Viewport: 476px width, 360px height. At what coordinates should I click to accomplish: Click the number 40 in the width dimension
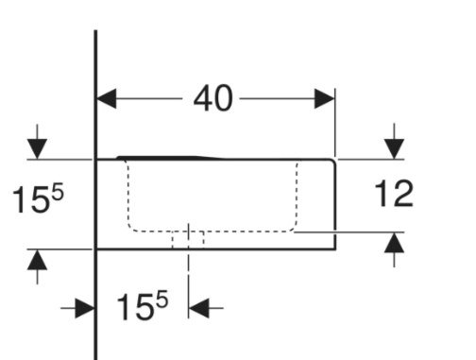click(x=213, y=98)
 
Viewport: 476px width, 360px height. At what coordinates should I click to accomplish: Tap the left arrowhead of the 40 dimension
click(x=107, y=98)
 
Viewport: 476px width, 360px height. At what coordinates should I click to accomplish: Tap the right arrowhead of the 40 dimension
click(x=325, y=98)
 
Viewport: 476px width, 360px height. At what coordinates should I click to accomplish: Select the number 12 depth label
click(x=394, y=194)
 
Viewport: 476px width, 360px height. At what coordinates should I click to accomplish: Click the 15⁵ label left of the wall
click(x=38, y=197)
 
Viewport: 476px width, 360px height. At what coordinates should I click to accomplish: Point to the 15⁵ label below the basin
click(x=143, y=305)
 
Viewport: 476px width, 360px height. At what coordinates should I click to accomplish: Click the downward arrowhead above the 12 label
click(x=394, y=149)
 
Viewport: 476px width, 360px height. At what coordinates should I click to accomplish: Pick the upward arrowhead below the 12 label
click(x=394, y=243)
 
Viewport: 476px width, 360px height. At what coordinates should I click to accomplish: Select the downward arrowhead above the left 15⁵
click(x=37, y=149)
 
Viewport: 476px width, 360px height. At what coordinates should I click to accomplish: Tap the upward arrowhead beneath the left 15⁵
click(x=37, y=260)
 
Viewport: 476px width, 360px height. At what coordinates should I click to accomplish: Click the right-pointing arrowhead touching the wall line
click(x=85, y=308)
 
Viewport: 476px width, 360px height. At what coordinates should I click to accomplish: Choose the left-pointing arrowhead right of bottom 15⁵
click(x=198, y=308)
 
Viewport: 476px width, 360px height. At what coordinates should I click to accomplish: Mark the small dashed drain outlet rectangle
click(x=188, y=240)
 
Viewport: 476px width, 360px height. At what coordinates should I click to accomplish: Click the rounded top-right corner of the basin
click(x=332, y=163)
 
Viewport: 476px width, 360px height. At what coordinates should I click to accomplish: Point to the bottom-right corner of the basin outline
click(x=335, y=249)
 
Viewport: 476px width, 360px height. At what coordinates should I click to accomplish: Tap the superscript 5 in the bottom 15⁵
click(x=161, y=299)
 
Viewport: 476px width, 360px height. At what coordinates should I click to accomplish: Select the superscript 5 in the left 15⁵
click(x=58, y=192)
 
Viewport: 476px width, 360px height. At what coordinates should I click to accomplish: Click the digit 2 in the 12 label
click(x=402, y=194)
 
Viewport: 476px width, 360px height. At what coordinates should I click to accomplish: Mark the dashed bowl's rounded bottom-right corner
click(x=293, y=227)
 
